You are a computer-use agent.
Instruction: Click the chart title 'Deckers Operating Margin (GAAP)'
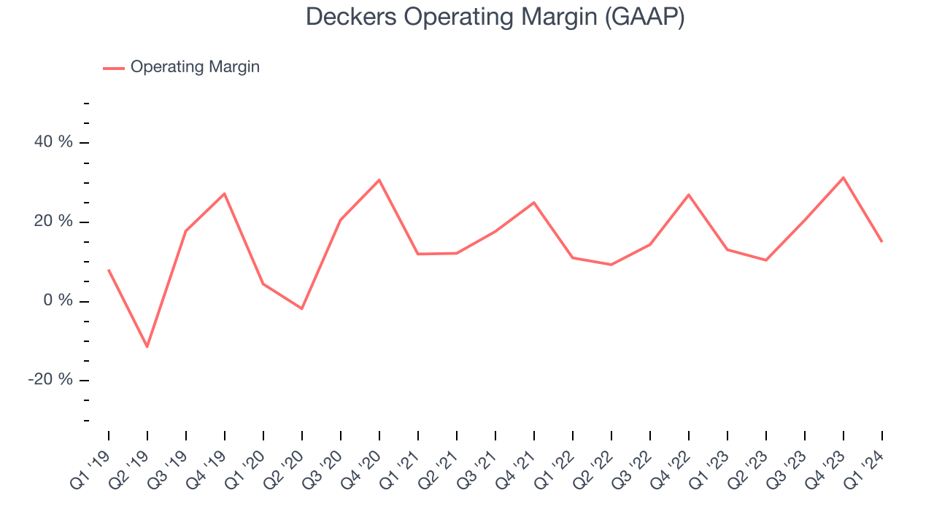(495, 17)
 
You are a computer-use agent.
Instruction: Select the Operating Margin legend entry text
(195, 67)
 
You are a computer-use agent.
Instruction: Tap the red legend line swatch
(114, 68)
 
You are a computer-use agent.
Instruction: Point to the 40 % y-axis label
(54, 141)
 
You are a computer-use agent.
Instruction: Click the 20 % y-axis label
(54, 221)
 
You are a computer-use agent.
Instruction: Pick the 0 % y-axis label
(58, 300)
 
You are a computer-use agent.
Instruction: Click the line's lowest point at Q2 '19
(147, 346)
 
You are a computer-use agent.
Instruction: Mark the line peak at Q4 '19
(225, 193)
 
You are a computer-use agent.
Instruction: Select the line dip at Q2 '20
(302, 308)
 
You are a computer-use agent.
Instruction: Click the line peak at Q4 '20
(379, 179)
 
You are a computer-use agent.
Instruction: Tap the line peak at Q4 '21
(534, 202)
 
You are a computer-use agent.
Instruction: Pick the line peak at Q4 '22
(689, 195)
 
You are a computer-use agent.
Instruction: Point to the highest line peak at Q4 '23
(844, 177)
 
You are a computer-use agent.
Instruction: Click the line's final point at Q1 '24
(882, 241)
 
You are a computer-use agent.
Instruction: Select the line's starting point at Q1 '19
(109, 270)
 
